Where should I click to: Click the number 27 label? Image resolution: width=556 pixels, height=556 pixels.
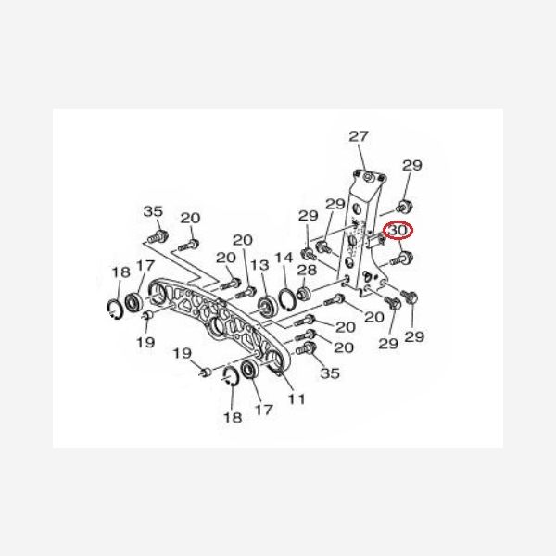pos(359,137)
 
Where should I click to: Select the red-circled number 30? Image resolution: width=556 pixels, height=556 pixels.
pos(399,231)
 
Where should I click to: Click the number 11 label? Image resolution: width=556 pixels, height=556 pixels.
pos(297,399)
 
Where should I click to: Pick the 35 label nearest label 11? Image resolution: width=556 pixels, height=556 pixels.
pos(329,374)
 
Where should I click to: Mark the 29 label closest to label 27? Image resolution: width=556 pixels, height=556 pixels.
pos(412,166)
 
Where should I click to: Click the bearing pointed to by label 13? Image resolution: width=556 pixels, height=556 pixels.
pos(268,304)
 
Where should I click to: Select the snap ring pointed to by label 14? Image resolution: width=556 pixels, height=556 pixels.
pos(288,299)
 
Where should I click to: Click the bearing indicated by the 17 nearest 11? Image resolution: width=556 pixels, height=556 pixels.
pos(249,373)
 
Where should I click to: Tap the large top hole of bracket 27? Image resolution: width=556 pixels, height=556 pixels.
pos(369,177)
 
